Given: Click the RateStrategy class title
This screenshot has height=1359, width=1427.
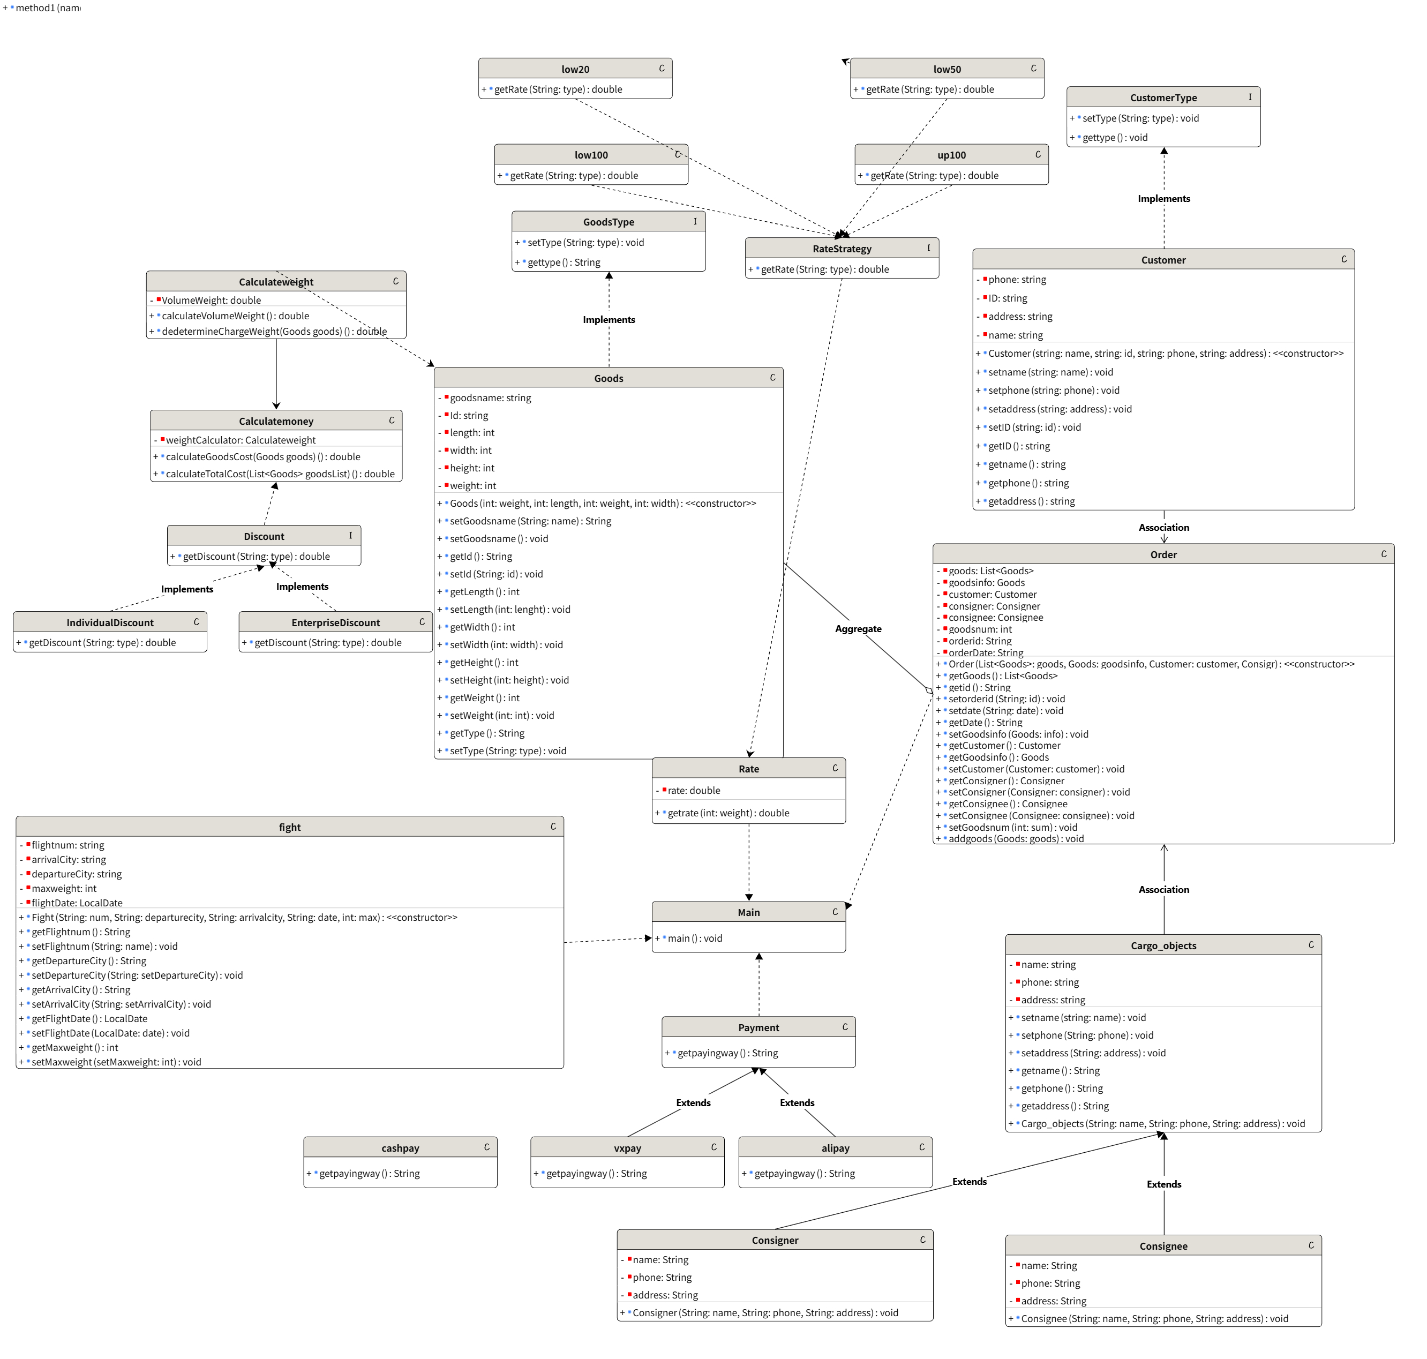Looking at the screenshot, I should tap(841, 249).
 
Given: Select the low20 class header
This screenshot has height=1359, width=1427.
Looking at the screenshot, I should tap(575, 69).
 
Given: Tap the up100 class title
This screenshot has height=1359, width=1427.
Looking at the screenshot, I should tap(951, 155).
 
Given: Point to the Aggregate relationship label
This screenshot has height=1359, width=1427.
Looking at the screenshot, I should tap(858, 629).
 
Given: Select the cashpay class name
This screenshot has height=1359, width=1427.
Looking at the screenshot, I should tap(400, 1148).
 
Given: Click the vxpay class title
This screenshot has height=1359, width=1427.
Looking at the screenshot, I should tap(627, 1148).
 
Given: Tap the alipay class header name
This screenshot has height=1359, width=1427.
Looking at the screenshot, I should tap(835, 1148).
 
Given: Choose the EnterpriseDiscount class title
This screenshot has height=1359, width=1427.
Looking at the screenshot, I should tap(335, 622).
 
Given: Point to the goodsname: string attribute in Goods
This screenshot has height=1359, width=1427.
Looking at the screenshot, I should tap(490, 397).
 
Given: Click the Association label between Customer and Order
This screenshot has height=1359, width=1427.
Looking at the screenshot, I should tap(1163, 528).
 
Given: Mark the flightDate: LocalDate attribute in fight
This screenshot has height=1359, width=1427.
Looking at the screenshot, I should tap(77, 903).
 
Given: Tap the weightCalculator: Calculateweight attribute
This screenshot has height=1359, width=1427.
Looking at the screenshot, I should tap(241, 440).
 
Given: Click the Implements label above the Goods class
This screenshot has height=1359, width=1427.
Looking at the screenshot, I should tap(609, 319).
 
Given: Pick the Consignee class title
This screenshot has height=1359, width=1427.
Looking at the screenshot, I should tap(1163, 1246).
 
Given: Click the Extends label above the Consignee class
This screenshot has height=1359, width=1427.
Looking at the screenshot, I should tap(1163, 1184).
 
